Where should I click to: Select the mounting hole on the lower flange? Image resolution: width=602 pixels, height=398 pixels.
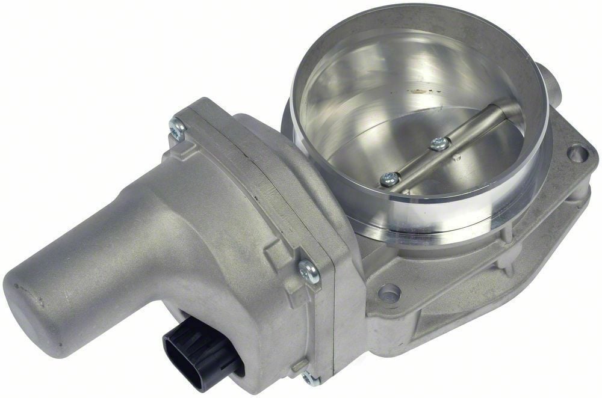point(389,295)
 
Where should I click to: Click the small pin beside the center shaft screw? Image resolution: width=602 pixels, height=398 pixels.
point(456,158)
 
